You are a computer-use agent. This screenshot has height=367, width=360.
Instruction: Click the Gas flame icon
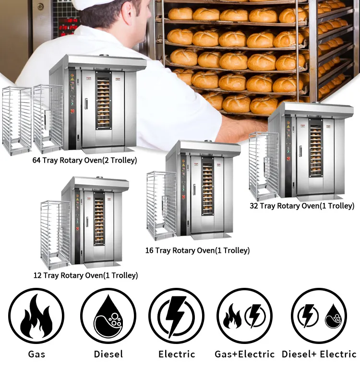coord(36,315)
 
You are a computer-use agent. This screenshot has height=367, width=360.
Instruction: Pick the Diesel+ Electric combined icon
coord(319,315)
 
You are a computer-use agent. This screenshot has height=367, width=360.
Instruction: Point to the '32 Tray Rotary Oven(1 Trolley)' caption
coord(302,206)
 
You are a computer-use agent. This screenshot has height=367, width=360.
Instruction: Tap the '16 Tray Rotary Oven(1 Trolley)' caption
coord(197,250)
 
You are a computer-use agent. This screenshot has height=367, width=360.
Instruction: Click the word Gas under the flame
coord(36,354)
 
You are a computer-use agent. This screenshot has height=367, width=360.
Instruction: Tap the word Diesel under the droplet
coord(108,354)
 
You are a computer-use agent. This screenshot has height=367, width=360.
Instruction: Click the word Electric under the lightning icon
coord(177,354)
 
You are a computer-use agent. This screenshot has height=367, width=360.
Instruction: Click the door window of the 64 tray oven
coord(103,101)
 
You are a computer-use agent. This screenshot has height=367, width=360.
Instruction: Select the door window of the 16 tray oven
coord(207,189)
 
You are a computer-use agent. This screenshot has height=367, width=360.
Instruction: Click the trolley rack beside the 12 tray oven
coord(55,234)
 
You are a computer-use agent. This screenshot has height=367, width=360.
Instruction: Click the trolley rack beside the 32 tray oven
coord(263,166)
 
